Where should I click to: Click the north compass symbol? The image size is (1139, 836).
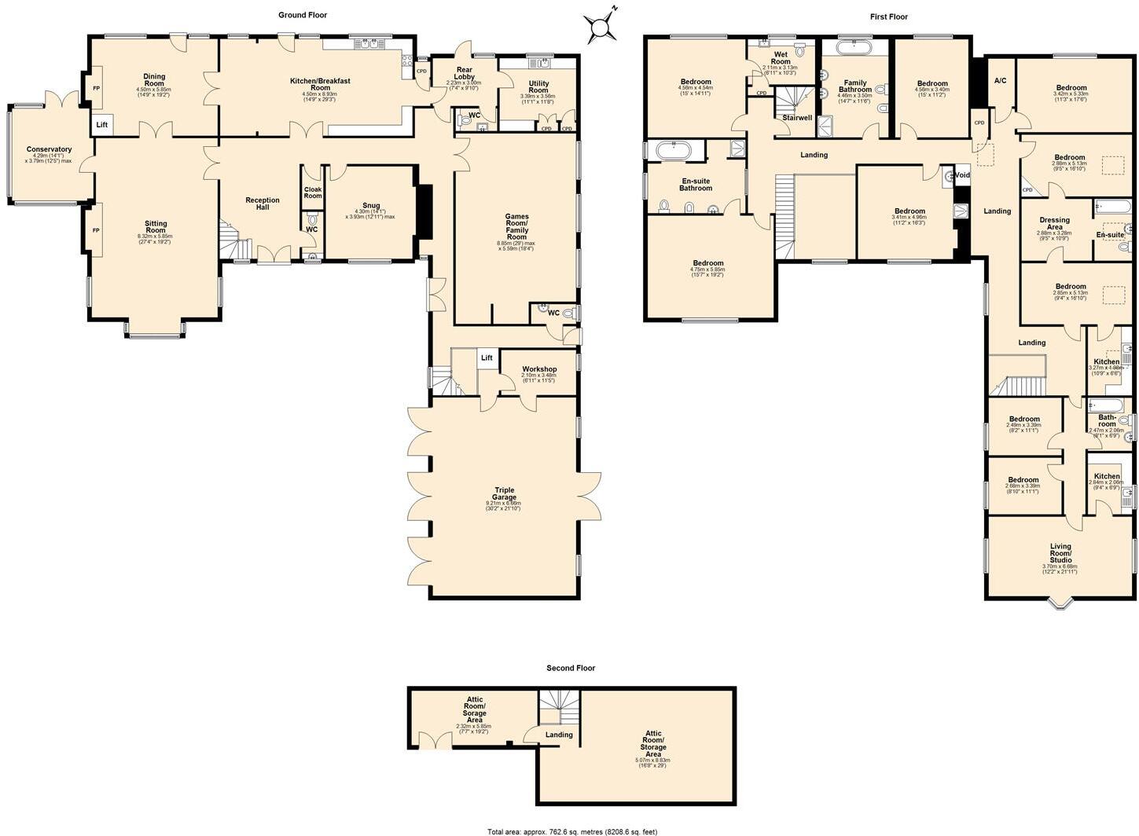tap(602, 27)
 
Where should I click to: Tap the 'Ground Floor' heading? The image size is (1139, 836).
tap(303, 15)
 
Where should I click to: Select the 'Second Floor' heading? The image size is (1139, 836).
tap(571, 668)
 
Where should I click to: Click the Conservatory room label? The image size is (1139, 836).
tap(49, 149)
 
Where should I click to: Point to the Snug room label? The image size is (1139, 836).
tap(371, 206)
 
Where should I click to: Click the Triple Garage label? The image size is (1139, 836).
tap(504, 493)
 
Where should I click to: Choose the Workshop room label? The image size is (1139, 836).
tap(538, 369)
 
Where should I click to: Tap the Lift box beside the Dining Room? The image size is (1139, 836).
tap(102, 125)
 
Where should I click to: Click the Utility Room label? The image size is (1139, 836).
tap(538, 86)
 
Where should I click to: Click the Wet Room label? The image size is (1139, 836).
tap(780, 58)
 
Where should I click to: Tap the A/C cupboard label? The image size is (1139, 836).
tap(1000, 81)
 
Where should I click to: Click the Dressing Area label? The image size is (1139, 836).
tap(1054, 224)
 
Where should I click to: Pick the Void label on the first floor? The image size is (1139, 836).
tap(962, 175)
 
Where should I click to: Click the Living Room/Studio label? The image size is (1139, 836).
tap(1060, 551)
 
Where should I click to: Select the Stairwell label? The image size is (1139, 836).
tap(796, 118)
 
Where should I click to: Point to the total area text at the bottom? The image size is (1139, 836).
tap(571, 831)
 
